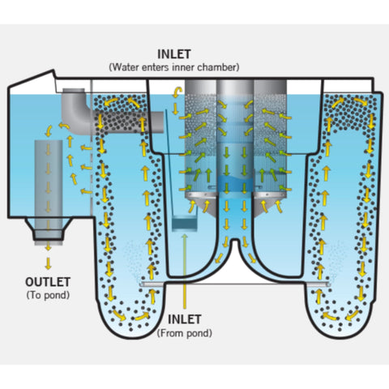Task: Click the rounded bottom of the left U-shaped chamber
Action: point(126,324)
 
